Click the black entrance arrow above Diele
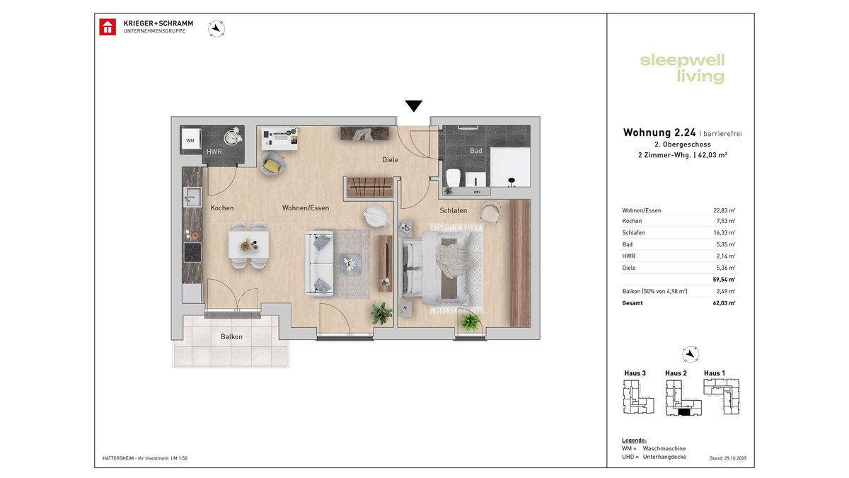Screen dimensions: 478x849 [x=414, y=106]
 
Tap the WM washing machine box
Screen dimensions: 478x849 [x=190, y=140]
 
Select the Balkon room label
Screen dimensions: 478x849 [x=231, y=336]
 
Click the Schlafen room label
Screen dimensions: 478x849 [x=453, y=210]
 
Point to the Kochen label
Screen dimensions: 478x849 [x=221, y=208]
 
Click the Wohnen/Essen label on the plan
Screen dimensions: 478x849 [x=306, y=208]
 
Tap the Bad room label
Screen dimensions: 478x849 [x=475, y=151]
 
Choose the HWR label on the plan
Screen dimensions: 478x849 [x=214, y=152]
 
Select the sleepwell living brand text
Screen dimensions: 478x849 [x=682, y=68]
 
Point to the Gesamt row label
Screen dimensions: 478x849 [x=633, y=302]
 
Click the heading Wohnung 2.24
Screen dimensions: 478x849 [x=659, y=132]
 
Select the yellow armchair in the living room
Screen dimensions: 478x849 [x=272, y=165]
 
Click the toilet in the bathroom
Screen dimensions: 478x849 [x=453, y=178]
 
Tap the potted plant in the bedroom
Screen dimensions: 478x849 [x=469, y=323]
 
